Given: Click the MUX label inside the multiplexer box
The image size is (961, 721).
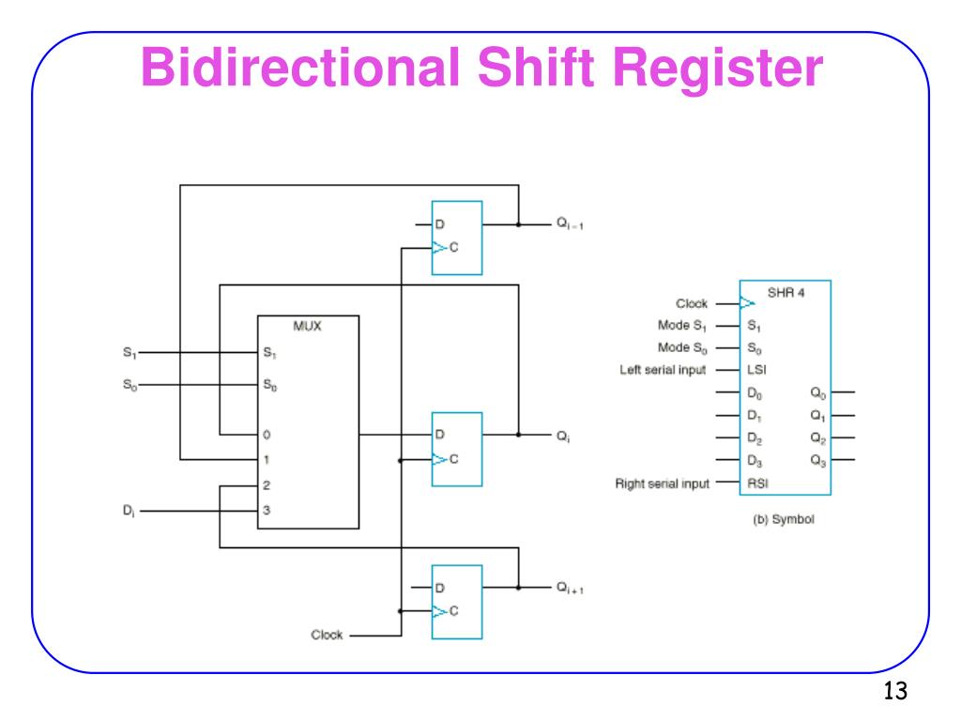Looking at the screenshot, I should (x=307, y=328).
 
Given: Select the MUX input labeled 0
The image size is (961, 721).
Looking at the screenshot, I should (x=267, y=436).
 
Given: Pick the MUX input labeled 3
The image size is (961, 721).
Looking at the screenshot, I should (x=267, y=512).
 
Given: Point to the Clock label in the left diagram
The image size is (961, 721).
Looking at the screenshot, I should (x=328, y=634).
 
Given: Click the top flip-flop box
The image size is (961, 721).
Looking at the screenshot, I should (x=456, y=238).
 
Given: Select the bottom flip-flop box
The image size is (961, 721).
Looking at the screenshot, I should (x=456, y=601).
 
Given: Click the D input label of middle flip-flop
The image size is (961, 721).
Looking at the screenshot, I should (x=439, y=436).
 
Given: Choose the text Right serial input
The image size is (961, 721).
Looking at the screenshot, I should (x=663, y=483).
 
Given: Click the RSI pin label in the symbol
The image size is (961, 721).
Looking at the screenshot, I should (x=755, y=483).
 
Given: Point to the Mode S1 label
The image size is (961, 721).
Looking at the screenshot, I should (x=682, y=326).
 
